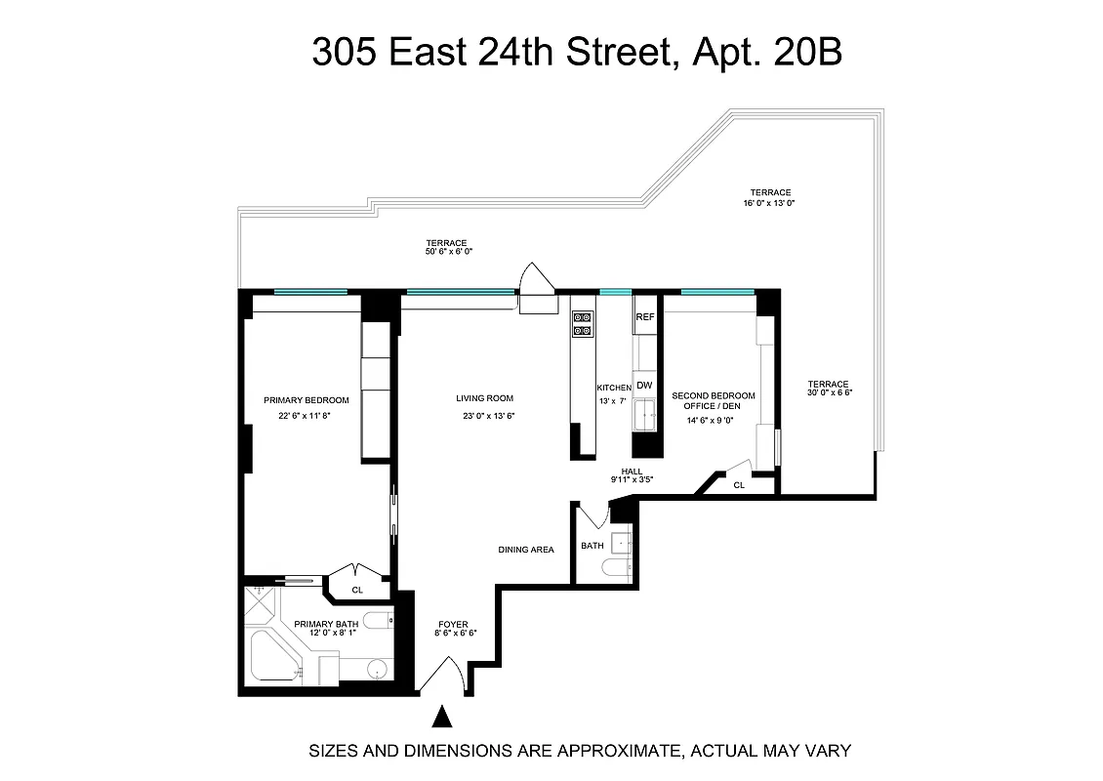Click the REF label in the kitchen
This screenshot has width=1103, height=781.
click(x=644, y=317)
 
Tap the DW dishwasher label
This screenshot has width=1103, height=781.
click(x=644, y=386)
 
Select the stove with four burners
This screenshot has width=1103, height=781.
click(x=582, y=324)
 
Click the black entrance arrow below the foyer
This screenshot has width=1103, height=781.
click(x=443, y=718)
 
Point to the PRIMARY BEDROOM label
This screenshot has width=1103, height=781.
click(x=306, y=399)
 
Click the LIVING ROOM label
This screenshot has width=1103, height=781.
click(x=484, y=398)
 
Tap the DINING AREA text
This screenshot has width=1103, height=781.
click(x=526, y=550)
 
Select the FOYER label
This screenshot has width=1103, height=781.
click(x=453, y=624)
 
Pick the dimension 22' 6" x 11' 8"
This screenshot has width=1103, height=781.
click(x=306, y=416)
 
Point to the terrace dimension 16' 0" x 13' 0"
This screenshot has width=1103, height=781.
click(x=770, y=203)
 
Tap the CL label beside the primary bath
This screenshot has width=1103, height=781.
click(x=357, y=590)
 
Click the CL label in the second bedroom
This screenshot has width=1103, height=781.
click(x=739, y=484)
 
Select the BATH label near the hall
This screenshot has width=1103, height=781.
click(x=592, y=546)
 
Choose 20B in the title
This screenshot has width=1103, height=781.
click(x=805, y=52)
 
